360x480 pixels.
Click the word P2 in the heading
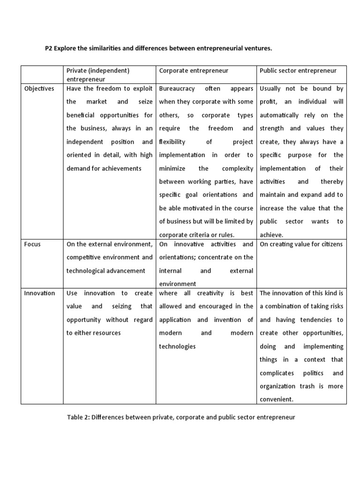[49, 48]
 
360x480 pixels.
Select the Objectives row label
[39, 88]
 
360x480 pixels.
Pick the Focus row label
[32, 244]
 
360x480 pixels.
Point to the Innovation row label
[40, 293]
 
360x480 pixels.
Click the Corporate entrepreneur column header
[194, 70]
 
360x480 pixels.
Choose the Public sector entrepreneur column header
[298, 70]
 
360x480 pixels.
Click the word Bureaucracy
[177, 88]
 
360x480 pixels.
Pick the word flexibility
[172, 142]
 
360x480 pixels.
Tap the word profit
[269, 102]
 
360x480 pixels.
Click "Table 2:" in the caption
[79, 417]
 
